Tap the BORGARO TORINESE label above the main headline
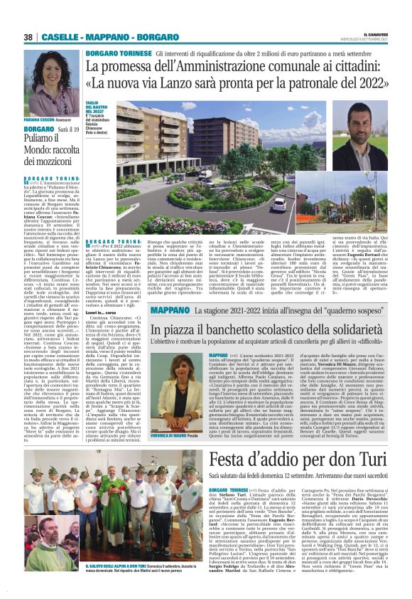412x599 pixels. tap(117, 53)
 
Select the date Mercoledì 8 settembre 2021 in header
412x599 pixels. tap(379, 39)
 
